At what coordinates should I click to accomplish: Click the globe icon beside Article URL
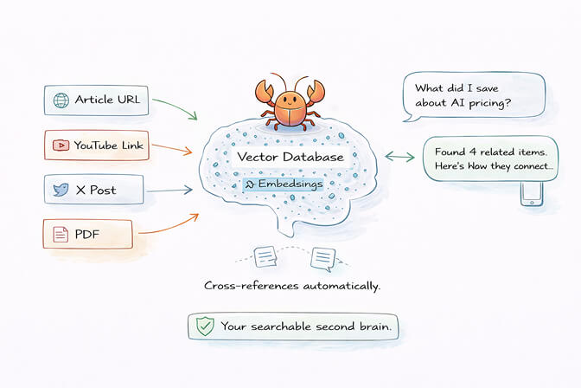[x=61, y=100]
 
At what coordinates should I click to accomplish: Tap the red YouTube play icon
[x=61, y=145]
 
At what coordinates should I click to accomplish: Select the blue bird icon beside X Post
[x=61, y=190]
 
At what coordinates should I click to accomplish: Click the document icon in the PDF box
[x=61, y=234]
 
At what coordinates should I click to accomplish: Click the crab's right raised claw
[x=316, y=91]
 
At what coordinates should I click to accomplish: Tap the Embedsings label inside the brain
[x=283, y=184]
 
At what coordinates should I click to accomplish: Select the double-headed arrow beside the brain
[x=399, y=157]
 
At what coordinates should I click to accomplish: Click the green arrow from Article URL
[x=176, y=108]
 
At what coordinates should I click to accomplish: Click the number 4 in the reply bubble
[x=472, y=152]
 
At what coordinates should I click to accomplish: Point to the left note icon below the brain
[x=265, y=256]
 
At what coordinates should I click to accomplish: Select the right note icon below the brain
[x=322, y=258]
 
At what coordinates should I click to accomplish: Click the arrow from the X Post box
[x=169, y=190]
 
